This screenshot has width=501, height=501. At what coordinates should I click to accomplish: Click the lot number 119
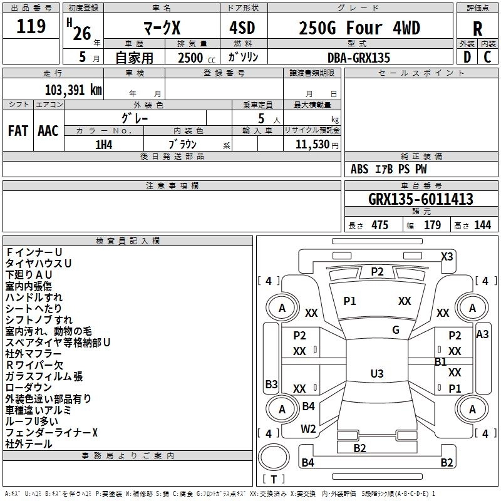pyautogui.click(x=31, y=27)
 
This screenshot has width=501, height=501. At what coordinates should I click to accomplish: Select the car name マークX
pyautogui.click(x=162, y=29)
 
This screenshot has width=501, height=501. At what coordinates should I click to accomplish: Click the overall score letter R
pyautogui.click(x=477, y=29)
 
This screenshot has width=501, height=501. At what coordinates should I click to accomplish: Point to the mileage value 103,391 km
pyautogui.click(x=73, y=90)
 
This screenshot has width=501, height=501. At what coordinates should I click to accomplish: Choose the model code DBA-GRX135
pyautogui.click(x=359, y=58)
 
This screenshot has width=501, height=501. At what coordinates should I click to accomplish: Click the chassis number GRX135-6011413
pyautogui.click(x=421, y=200)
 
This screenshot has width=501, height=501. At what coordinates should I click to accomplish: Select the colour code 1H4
pyautogui.click(x=104, y=143)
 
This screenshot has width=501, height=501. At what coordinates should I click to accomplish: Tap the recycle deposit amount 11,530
pyautogui.click(x=311, y=144)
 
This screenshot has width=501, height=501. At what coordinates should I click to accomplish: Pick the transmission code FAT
pyautogui.click(x=18, y=131)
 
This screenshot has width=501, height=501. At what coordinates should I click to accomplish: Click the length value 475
pyautogui.click(x=380, y=225)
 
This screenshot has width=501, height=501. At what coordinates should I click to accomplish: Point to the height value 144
pyautogui.click(x=482, y=225)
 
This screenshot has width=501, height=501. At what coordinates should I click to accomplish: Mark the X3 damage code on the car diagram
pyautogui.click(x=447, y=256)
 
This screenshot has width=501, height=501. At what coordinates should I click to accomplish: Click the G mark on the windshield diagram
pyautogui.click(x=396, y=330)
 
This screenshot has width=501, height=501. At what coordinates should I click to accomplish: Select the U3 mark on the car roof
pyautogui.click(x=376, y=374)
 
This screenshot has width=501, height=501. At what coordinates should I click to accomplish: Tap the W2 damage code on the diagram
pyautogui.click(x=308, y=429)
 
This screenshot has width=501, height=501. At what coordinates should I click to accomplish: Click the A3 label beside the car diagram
pyautogui.click(x=482, y=334)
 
